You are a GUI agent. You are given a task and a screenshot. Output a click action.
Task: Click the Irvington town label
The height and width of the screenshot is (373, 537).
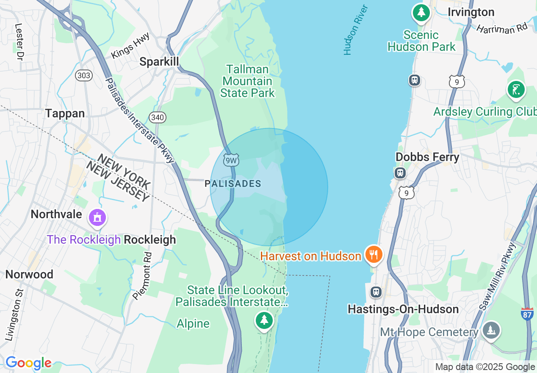471,12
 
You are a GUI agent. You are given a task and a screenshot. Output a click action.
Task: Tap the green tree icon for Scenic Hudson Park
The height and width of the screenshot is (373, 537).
421,13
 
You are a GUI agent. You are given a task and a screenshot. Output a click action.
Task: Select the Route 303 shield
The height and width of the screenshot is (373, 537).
84,75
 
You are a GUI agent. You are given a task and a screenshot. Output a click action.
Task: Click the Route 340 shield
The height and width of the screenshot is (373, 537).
157,117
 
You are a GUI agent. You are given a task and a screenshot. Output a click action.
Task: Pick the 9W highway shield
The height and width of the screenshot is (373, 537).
231,160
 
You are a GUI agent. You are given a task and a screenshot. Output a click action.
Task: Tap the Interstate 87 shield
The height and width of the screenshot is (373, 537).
527,314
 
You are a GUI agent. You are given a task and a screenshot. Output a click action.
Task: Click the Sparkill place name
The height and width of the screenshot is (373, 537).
159,62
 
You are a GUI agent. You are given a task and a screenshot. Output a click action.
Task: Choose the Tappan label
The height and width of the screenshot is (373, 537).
65,113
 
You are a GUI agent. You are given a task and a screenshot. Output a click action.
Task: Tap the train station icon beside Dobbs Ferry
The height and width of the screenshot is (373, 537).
400,173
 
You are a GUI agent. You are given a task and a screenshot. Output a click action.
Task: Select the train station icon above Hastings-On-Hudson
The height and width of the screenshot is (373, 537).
375,292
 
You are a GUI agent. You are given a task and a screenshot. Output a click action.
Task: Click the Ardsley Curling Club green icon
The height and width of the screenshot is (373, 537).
516,89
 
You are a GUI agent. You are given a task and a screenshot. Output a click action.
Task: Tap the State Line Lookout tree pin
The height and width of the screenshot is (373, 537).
264,320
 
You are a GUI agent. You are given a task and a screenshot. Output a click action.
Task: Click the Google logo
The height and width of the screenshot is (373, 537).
28,363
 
